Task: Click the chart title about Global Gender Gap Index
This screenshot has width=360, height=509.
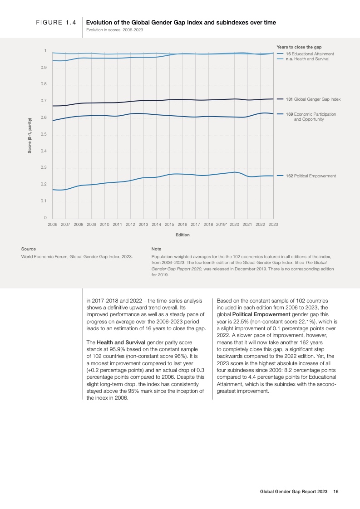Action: pyautogui.click(x=181, y=22)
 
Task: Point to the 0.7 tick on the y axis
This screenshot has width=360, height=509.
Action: pyautogui.click(x=44, y=101)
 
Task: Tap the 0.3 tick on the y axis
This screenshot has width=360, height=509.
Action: pyautogui.click(x=44, y=167)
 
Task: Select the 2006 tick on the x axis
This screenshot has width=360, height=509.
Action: pyautogui.click(x=53, y=224)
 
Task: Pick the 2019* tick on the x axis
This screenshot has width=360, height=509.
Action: pyautogui.click(x=222, y=224)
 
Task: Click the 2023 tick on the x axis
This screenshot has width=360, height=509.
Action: pyautogui.click(x=273, y=224)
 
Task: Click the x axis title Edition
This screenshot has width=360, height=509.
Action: pyautogui.click(x=182, y=235)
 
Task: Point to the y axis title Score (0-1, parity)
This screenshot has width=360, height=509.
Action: pyautogui.click(x=30, y=135)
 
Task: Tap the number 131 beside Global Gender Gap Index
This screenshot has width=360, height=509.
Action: pyautogui.click(x=289, y=99)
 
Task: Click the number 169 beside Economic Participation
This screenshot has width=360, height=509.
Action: pyautogui.click(x=289, y=114)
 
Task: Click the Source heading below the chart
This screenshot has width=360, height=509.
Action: pyautogui.click(x=29, y=249)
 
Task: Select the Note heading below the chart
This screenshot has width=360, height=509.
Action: pyautogui.click(x=156, y=249)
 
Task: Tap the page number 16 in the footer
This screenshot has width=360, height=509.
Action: pyautogui.click(x=336, y=491)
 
